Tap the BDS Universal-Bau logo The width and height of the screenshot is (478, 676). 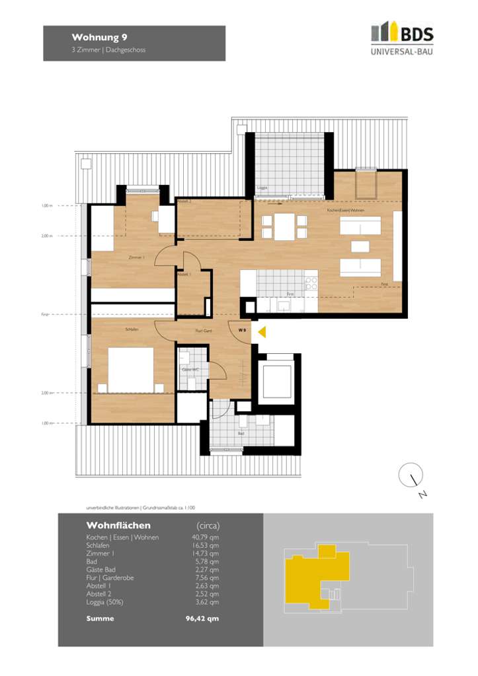coord(402,39)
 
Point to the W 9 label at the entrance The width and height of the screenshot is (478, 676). coord(243,330)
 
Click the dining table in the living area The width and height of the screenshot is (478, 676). coord(284,226)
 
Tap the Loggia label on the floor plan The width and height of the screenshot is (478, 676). coord(262,188)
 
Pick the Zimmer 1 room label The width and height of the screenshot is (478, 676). coord(136,257)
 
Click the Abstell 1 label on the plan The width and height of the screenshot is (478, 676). coord(184,274)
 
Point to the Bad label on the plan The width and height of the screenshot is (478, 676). coord(241,434)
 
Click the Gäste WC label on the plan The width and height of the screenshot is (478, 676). coord(190,370)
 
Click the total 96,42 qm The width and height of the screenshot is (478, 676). coord(202,619)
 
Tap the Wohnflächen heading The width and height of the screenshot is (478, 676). coord(118,525)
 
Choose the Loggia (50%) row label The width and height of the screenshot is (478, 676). coord(104,602)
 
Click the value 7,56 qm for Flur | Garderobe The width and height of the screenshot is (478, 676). coord(204,578)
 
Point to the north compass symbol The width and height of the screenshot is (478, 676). coord(412,476)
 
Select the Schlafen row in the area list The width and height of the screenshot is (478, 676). coord(99,545)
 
